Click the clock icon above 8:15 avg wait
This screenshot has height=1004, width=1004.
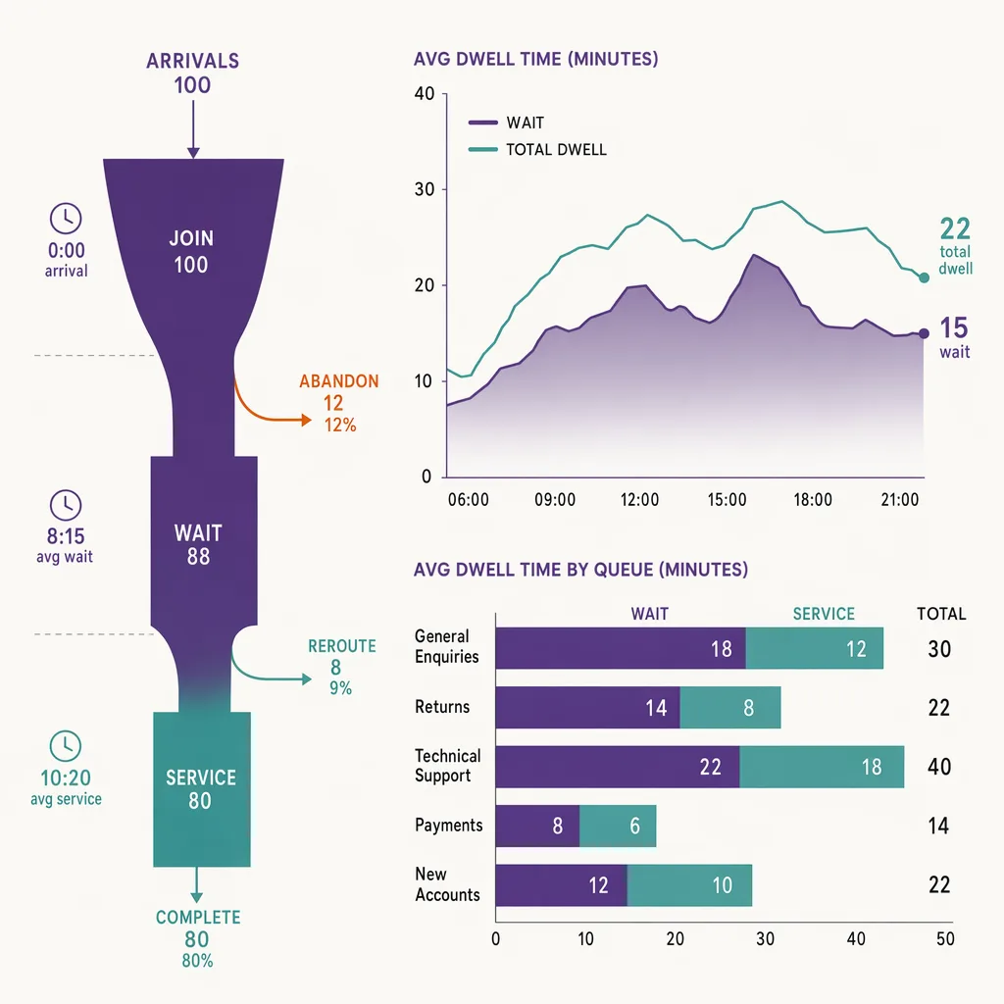tap(66, 505)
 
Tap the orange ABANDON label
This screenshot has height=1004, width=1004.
tap(338, 381)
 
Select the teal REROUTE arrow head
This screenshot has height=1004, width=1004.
tap(307, 678)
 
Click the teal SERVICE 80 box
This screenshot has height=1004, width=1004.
tap(202, 789)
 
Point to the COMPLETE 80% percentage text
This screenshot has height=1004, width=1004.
tap(197, 961)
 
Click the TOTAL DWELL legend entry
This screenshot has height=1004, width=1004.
tap(538, 149)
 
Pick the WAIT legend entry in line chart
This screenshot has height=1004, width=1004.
tap(507, 123)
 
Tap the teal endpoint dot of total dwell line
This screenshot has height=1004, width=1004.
tap(924, 277)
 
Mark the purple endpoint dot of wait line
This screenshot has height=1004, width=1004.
tap(924, 333)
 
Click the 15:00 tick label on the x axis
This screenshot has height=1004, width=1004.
tap(727, 499)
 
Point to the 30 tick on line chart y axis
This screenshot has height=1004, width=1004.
tap(425, 189)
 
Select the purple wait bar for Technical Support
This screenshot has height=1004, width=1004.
tap(618, 767)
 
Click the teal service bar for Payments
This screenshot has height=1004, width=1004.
tap(618, 826)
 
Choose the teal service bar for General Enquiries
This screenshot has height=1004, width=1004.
tap(815, 648)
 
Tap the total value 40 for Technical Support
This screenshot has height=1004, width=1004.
tap(939, 767)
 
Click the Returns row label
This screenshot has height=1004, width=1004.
tap(442, 707)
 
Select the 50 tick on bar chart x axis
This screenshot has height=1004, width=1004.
tap(945, 938)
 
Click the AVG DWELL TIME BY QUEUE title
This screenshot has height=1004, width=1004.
tap(580, 570)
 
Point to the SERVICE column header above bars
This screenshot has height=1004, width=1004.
tap(824, 614)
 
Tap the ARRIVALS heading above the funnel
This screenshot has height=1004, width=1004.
tap(193, 61)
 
